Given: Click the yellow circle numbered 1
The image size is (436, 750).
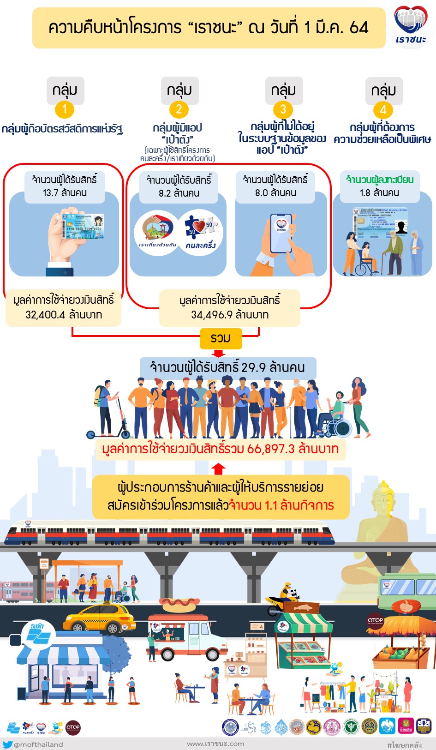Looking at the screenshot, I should pos(65,109).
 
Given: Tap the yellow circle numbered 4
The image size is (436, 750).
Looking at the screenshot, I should pos(383,110).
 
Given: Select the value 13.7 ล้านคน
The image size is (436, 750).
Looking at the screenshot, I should pos(65,193).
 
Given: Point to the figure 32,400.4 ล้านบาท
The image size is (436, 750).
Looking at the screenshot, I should pos(64,315).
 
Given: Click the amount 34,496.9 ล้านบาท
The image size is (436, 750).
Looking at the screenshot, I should pos(230,315).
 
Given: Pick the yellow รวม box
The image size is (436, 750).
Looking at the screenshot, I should pos(221,338).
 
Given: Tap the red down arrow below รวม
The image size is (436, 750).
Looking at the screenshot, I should pos(219,353).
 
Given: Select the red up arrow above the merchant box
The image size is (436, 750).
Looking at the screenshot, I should pos(219,469).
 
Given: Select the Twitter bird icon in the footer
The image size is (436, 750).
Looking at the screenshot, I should pos(7,744).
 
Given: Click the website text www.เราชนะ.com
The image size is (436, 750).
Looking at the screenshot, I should pos(215,744).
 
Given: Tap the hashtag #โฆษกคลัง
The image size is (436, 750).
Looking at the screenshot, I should pos(404,744).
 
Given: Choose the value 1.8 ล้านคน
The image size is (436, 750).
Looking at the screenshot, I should pos(379,193).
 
